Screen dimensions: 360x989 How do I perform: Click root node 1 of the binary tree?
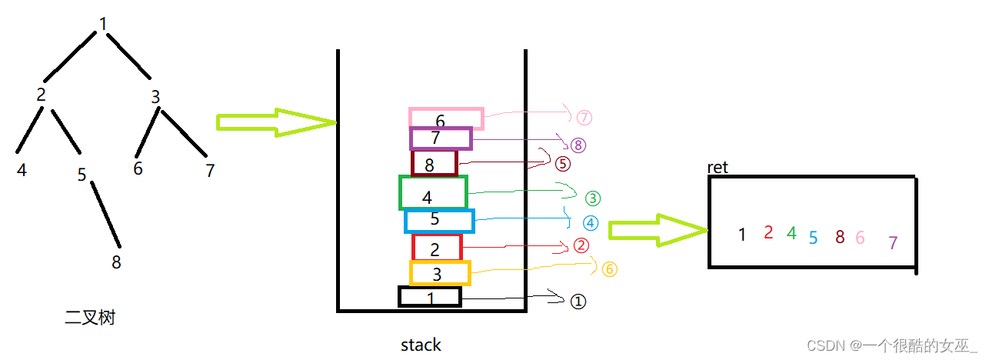pyautogui.click(x=103, y=24)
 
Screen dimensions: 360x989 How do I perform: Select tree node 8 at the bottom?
pyautogui.click(x=116, y=262)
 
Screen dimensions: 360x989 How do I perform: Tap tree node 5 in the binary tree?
pyautogui.click(x=82, y=175)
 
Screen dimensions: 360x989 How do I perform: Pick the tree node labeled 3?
pyautogui.click(x=155, y=98)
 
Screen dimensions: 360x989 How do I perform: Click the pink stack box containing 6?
pyautogui.click(x=446, y=118)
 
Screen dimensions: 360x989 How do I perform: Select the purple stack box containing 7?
pyautogui.click(x=441, y=138)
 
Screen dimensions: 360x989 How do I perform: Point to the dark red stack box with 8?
pyautogui.click(x=435, y=163)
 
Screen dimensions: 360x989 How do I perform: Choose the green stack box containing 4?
pyautogui.click(x=433, y=192)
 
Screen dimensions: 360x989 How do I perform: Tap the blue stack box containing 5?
pyautogui.click(x=439, y=221)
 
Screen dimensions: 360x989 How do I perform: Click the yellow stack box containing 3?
pyautogui.click(x=439, y=272)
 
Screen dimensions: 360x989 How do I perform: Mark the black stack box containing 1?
pyautogui.click(x=430, y=296)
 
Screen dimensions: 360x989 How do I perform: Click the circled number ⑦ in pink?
pyautogui.click(x=584, y=117)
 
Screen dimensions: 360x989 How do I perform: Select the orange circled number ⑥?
pyautogui.click(x=609, y=268)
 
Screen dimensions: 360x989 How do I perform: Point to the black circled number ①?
pyautogui.click(x=578, y=302)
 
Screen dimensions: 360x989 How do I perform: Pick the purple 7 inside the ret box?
pyautogui.click(x=893, y=243)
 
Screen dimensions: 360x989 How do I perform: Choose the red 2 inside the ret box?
pyautogui.click(x=768, y=232)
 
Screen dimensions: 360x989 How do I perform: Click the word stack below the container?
pyautogui.click(x=421, y=345)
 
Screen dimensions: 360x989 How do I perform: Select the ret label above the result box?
pyautogui.click(x=718, y=168)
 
